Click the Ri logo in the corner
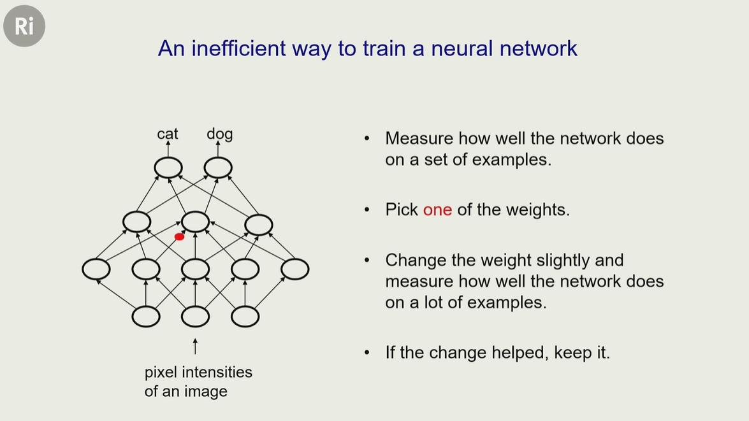coord(24,25)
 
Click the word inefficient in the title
coord(239,48)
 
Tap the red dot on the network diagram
coord(180,237)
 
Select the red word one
coord(437,210)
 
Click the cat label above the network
coord(168,134)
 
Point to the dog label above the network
coord(220,134)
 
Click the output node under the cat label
coord(168,168)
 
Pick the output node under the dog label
coord(218,168)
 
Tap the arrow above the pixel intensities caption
coord(195,346)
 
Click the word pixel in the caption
coord(161,373)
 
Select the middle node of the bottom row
coord(195,317)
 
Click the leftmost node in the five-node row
coord(96,269)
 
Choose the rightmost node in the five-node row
coord(295,269)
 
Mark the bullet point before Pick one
coord(367,210)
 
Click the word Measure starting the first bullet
coord(419,138)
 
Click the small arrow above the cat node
coord(168,149)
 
